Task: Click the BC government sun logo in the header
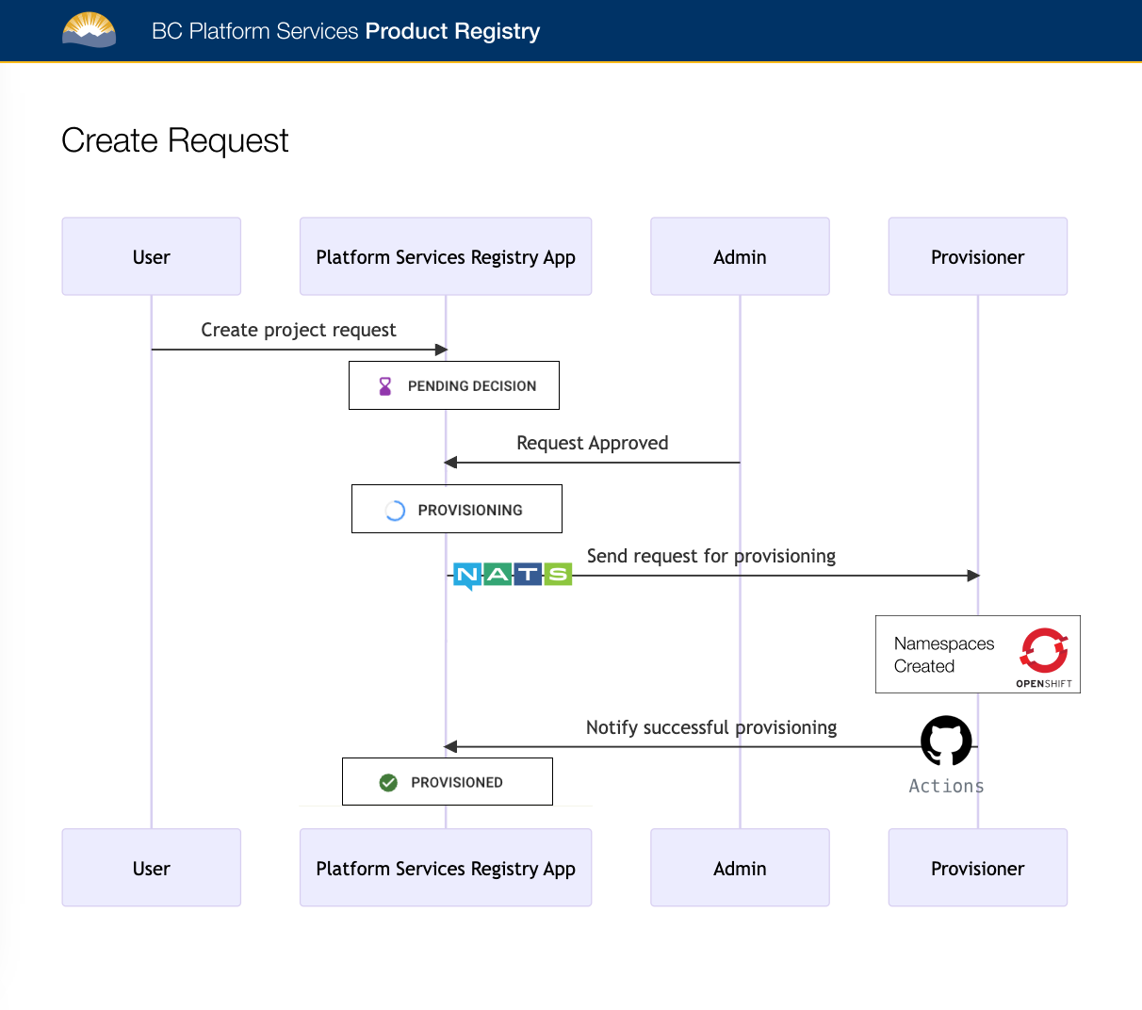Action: click(89, 30)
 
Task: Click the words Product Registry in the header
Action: click(452, 31)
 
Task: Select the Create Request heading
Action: click(174, 140)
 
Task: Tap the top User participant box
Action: click(151, 256)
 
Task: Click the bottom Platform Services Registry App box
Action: click(445, 868)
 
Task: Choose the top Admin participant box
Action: click(740, 256)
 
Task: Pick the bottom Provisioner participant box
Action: click(977, 868)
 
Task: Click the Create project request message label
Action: click(298, 330)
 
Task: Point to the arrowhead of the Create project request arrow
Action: click(441, 350)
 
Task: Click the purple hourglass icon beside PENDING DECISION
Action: click(384, 386)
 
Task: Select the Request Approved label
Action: click(592, 443)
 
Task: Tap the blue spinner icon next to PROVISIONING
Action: click(395, 511)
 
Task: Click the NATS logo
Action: click(512, 575)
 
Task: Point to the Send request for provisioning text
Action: click(710, 556)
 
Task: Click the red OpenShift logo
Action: click(1044, 650)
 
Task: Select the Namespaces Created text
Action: click(943, 655)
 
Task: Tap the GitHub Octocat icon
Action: click(946, 741)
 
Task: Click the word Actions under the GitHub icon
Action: click(946, 786)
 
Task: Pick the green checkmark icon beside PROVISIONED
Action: click(388, 782)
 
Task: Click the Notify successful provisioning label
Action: click(710, 727)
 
